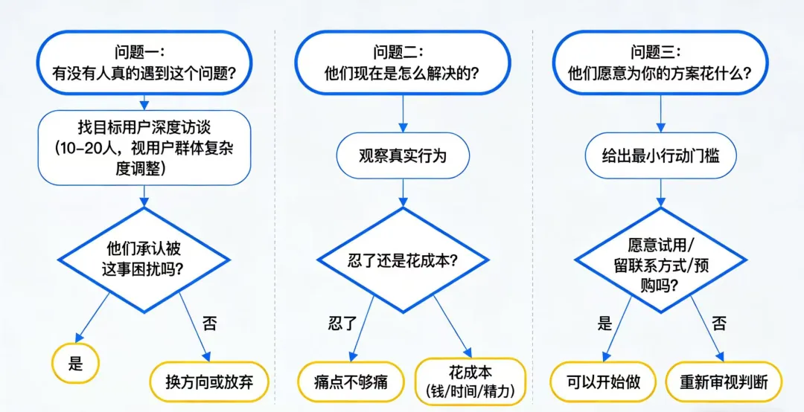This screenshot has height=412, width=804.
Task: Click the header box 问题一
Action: point(144,63)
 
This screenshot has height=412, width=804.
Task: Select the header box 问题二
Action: point(402,63)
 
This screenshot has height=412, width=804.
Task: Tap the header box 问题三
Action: point(659,63)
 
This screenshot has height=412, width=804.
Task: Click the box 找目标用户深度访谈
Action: point(144,147)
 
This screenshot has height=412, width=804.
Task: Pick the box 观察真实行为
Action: point(403,156)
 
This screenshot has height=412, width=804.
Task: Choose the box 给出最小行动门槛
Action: point(660,156)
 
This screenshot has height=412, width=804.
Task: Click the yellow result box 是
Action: point(75,364)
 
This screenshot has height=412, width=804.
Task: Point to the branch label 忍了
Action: point(342,324)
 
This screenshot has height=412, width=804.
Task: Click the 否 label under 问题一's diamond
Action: point(209,324)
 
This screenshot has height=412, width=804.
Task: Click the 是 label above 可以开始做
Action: point(604,324)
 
